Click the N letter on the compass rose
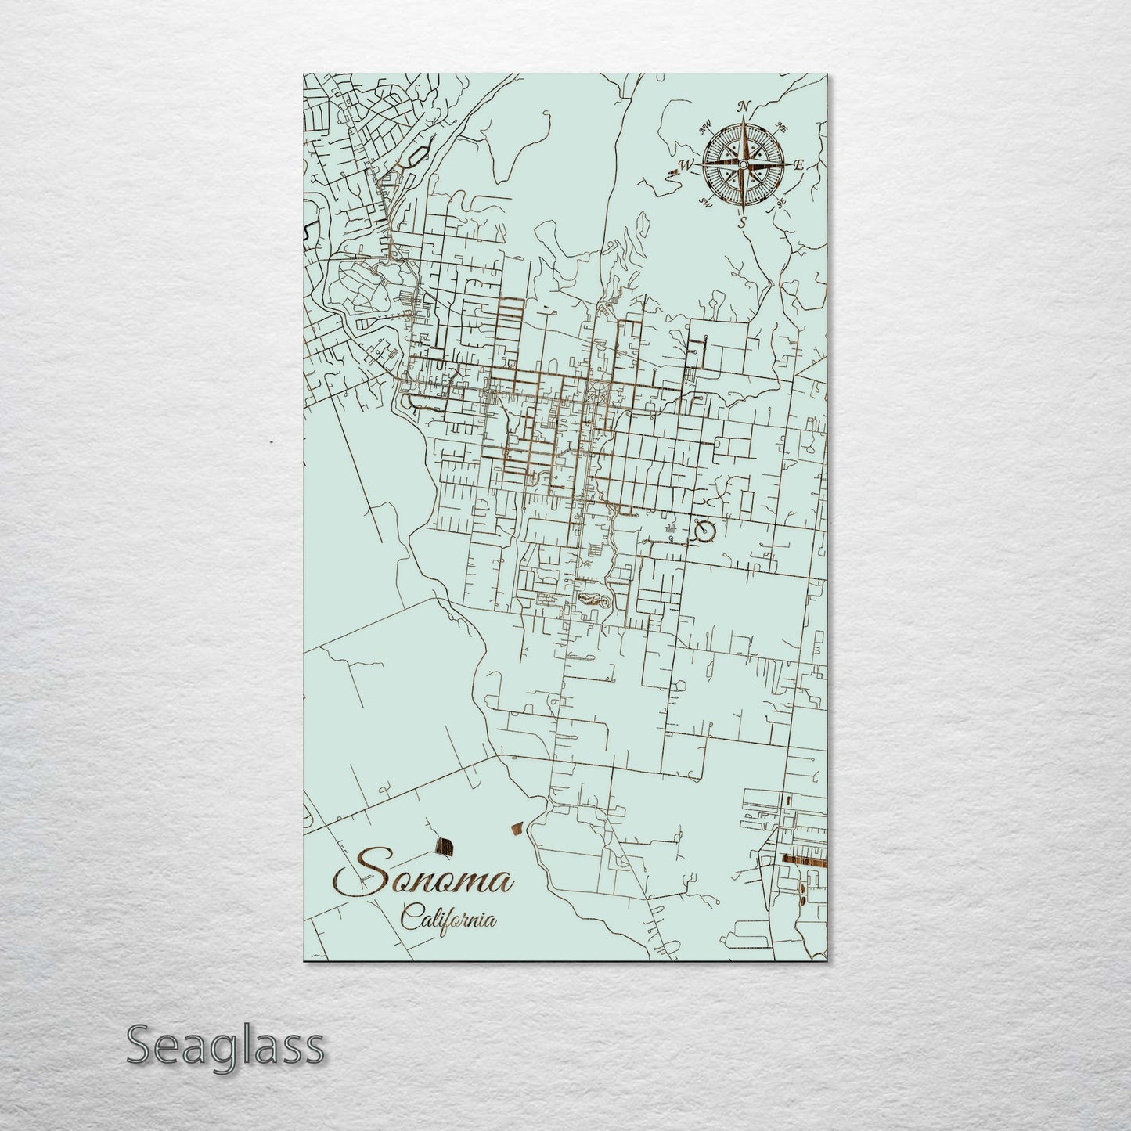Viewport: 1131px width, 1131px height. [x=745, y=108]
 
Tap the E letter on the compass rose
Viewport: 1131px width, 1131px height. [x=799, y=165]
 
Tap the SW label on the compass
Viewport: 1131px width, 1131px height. [x=705, y=204]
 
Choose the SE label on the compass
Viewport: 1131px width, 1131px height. [x=780, y=203]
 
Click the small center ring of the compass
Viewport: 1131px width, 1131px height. [x=743, y=164]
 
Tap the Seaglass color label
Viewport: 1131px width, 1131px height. [x=225, y=1046]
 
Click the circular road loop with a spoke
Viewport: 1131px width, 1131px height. [x=705, y=532]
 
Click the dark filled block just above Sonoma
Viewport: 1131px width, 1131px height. [x=445, y=845]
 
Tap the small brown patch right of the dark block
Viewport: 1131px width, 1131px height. [x=516, y=827]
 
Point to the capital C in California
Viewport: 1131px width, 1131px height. [x=410, y=916]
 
